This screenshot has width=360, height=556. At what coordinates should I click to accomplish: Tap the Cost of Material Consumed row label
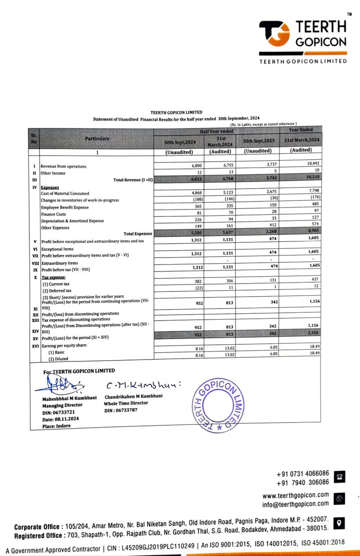[x=65, y=194]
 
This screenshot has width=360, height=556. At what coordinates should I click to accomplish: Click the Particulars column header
[x=97, y=139]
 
